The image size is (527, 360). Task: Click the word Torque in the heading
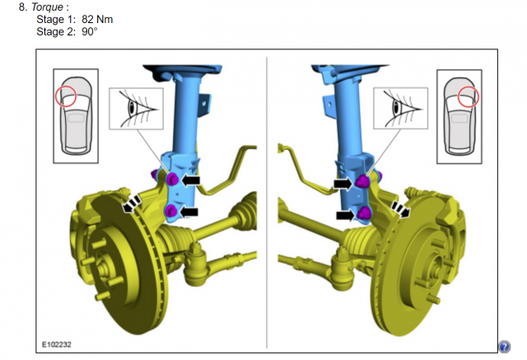(x=47, y=7)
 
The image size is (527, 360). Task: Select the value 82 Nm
(x=97, y=20)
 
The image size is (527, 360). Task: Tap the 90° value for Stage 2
(x=90, y=31)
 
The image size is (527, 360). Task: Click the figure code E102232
(x=57, y=344)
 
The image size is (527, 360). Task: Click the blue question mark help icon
(x=504, y=347)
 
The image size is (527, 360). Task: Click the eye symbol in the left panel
(x=132, y=107)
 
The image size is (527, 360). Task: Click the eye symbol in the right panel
(x=396, y=108)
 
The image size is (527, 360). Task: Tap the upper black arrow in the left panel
(x=190, y=180)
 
